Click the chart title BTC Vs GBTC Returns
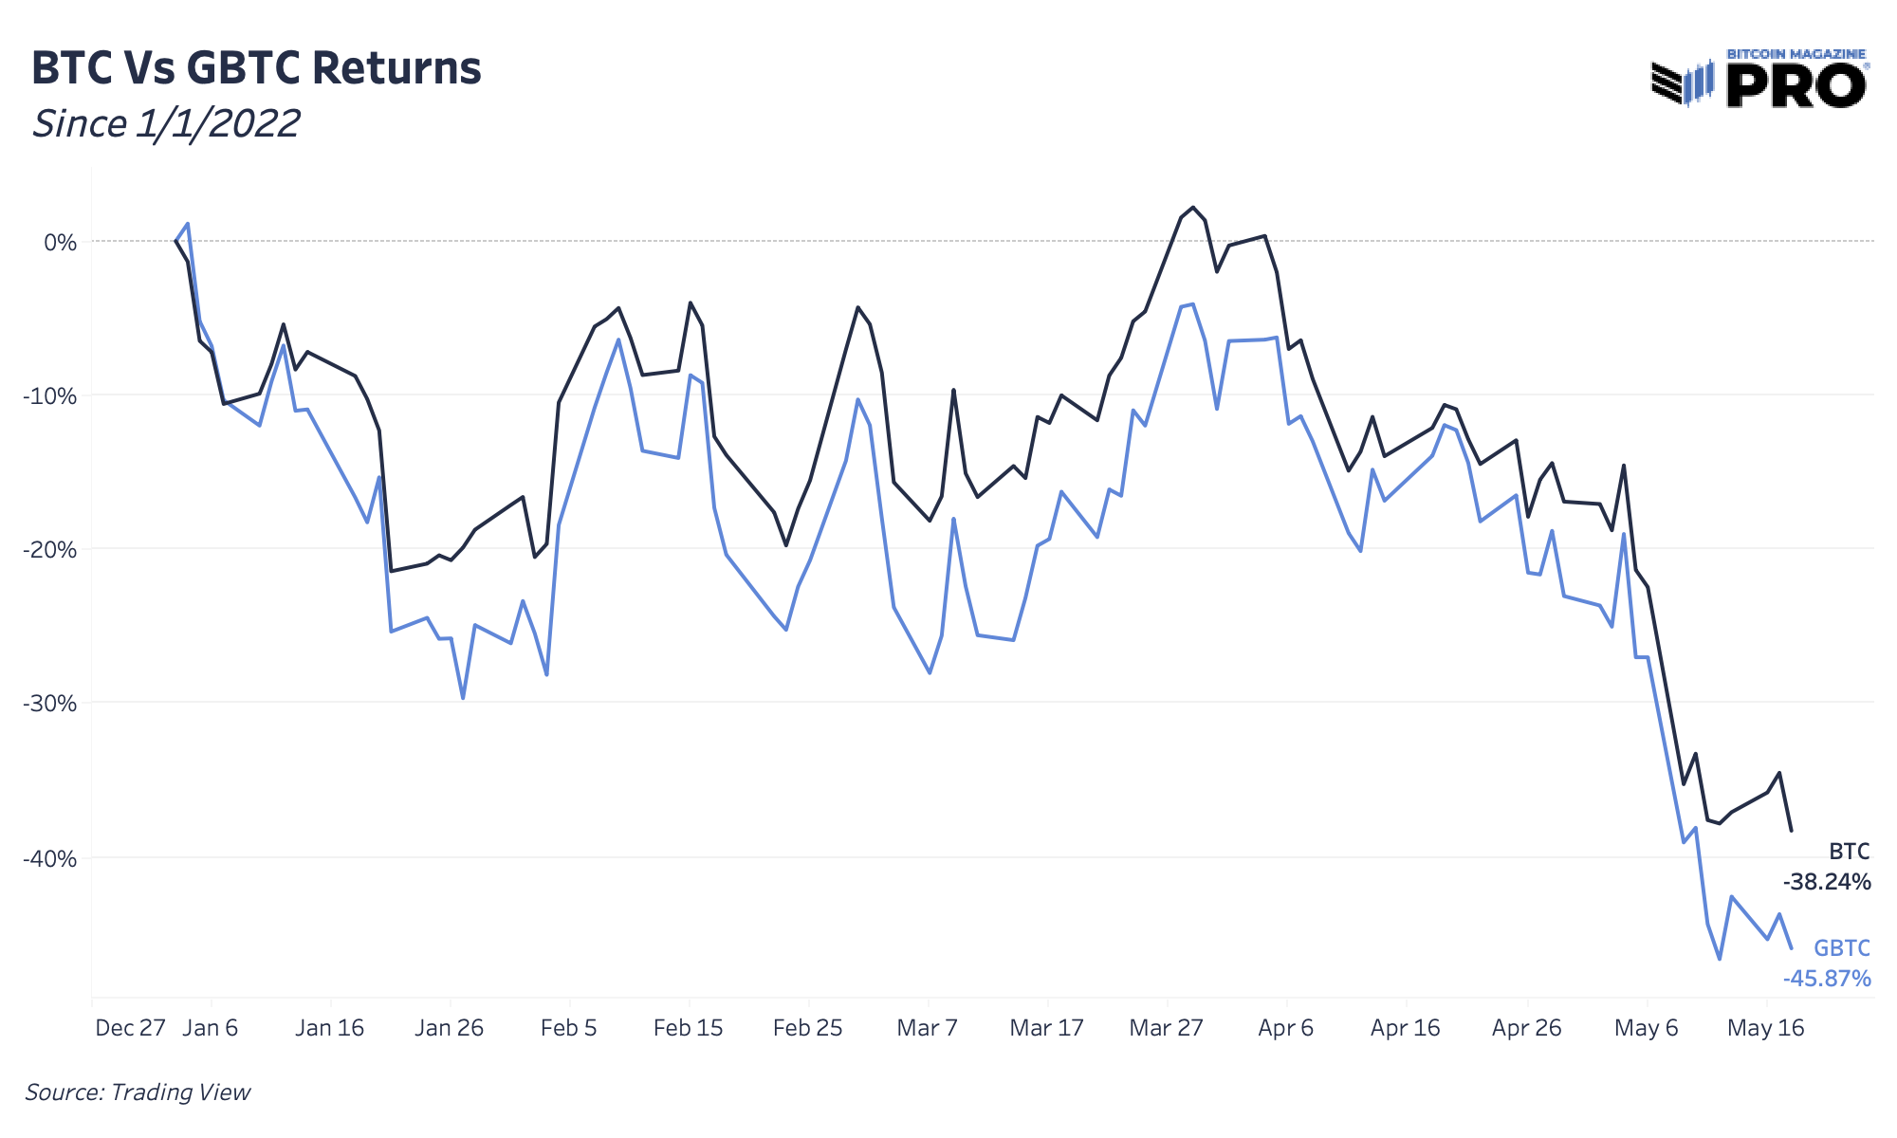(x=256, y=68)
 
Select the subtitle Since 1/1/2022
(x=166, y=124)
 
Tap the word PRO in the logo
(x=1796, y=87)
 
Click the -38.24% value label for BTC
(x=1826, y=883)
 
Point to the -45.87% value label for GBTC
(x=1826, y=979)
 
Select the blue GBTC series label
(x=1841, y=948)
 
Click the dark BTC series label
(x=1849, y=852)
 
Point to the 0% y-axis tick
(x=60, y=243)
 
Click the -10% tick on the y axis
(x=50, y=396)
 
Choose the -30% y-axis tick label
(x=50, y=704)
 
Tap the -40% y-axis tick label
(x=50, y=859)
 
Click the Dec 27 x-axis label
(x=130, y=1028)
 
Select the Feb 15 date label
(x=688, y=1028)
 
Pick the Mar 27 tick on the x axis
(x=1166, y=1028)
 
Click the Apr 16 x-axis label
(x=1405, y=1028)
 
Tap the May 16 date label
(x=1765, y=1028)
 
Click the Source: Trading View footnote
(x=138, y=1092)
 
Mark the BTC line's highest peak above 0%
(x=1193, y=208)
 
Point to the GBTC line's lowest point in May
(x=1719, y=959)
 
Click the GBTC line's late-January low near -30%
(x=463, y=698)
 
